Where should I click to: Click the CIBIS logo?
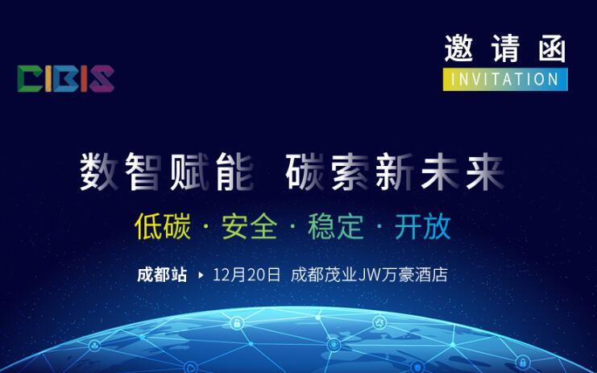[x=66, y=79]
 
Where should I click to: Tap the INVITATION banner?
[x=505, y=80]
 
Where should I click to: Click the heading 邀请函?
[x=505, y=48]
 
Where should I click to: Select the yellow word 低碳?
[x=163, y=226]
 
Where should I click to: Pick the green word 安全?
[x=250, y=226]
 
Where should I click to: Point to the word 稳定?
[x=336, y=226]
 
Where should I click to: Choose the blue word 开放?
[x=423, y=226]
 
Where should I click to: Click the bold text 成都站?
[x=162, y=275]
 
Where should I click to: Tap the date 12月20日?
[x=247, y=275]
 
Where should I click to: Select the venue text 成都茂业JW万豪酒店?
[x=369, y=275]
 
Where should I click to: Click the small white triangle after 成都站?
[x=201, y=275]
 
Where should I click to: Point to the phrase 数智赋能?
[x=167, y=172]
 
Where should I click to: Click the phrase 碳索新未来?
[x=395, y=172]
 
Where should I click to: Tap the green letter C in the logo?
[x=30, y=79]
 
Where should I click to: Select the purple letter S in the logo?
[x=102, y=79]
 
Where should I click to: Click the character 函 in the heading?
[x=552, y=48]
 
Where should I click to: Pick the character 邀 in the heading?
[x=458, y=48]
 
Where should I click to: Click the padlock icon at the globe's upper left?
[x=237, y=324]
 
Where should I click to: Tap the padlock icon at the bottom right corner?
[x=523, y=361]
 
